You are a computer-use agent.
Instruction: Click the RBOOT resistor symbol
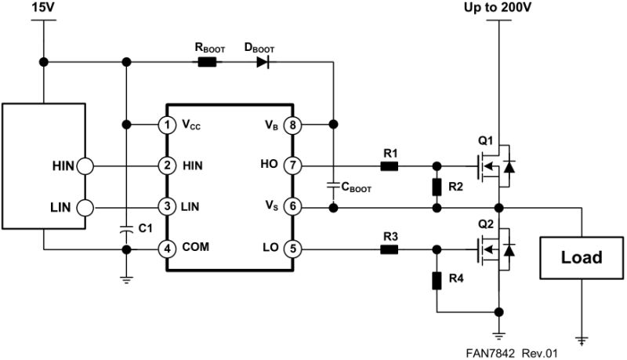pyautogui.click(x=208, y=62)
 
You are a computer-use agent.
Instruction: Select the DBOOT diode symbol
pyautogui.click(x=263, y=62)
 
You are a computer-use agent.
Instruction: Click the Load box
pyautogui.click(x=581, y=257)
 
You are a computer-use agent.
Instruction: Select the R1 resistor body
pyautogui.click(x=389, y=166)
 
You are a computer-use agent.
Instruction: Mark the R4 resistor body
pyautogui.click(x=437, y=280)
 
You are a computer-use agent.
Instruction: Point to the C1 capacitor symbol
pyautogui.click(x=125, y=230)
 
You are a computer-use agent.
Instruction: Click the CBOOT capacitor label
pyautogui.click(x=353, y=188)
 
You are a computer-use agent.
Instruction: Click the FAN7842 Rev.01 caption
pyautogui.click(x=511, y=354)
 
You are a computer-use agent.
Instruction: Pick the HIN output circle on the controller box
pyautogui.click(x=85, y=166)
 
